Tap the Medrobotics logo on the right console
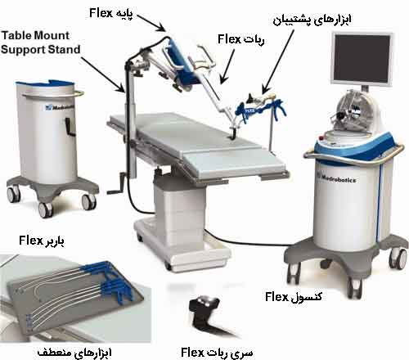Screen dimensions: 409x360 (x=337, y=178)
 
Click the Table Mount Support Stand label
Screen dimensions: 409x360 (x=40, y=43)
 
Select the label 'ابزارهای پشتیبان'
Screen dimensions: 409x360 (x=312, y=20)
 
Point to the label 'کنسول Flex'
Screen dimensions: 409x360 (x=294, y=297)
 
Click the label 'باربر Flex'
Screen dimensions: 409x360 (x=42, y=241)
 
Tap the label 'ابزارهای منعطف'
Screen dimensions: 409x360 (x=74, y=353)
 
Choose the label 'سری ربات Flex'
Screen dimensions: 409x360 (x=217, y=353)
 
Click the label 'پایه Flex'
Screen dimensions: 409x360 (x=111, y=13)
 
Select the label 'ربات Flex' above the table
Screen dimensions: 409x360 (x=241, y=40)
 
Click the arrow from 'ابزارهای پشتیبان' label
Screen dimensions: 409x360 (x=277, y=61)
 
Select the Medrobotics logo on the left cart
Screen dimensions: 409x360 (x=59, y=107)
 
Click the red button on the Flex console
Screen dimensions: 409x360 (x=323, y=137)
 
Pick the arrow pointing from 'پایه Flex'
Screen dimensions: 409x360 (x=151, y=23)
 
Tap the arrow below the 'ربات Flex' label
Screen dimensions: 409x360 (x=227, y=66)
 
